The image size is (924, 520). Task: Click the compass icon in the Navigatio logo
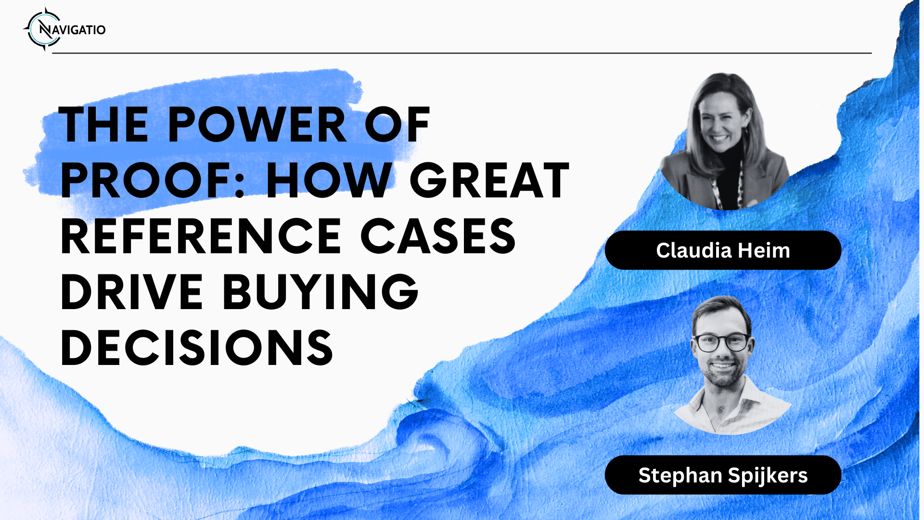pyautogui.click(x=44, y=29)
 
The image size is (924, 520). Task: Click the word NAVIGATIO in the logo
pyautogui.click(x=72, y=30)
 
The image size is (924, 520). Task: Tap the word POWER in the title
pyautogui.click(x=257, y=125)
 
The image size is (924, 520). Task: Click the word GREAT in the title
pyautogui.click(x=489, y=181)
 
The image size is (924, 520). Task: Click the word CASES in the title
pyautogui.click(x=438, y=236)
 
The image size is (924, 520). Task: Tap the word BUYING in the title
pyautogui.click(x=321, y=292)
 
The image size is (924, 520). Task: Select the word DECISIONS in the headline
pyautogui.click(x=197, y=348)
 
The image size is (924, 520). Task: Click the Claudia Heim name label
pyautogui.click(x=723, y=250)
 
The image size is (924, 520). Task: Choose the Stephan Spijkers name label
pyautogui.click(x=723, y=475)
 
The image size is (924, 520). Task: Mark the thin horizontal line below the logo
pyautogui.click(x=462, y=53)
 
